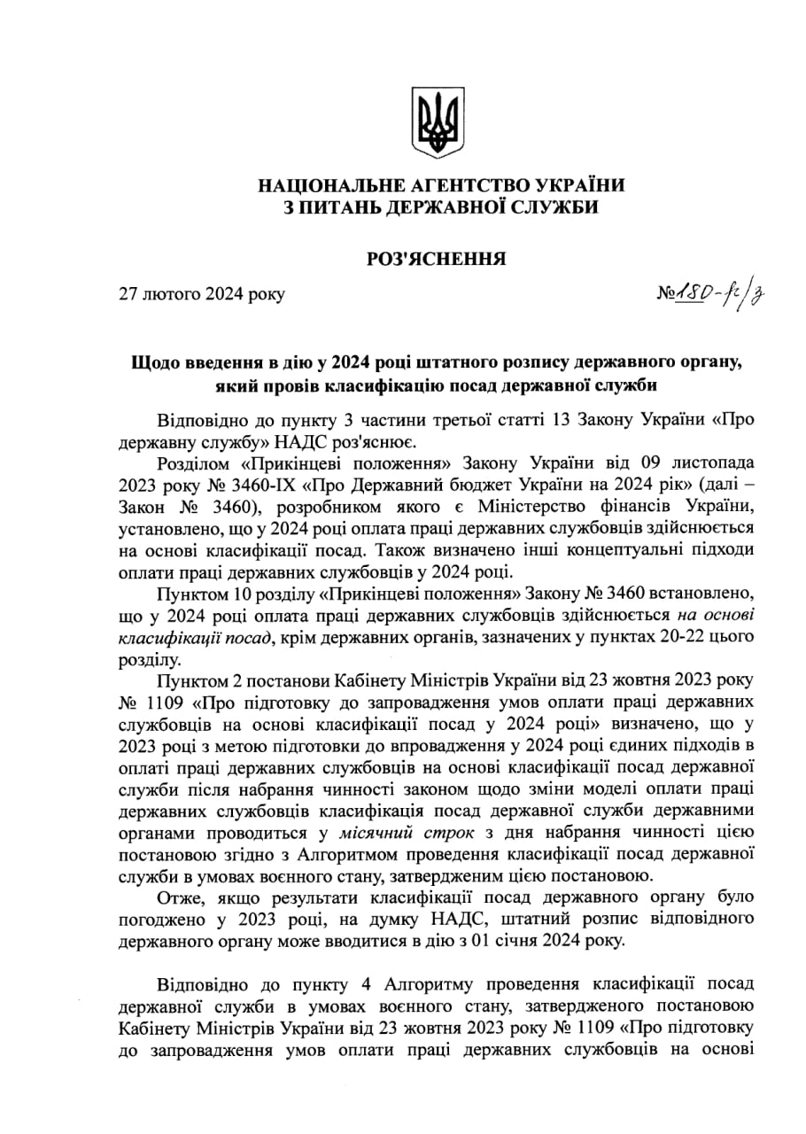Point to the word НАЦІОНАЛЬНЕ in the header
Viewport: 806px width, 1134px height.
[329, 185]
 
